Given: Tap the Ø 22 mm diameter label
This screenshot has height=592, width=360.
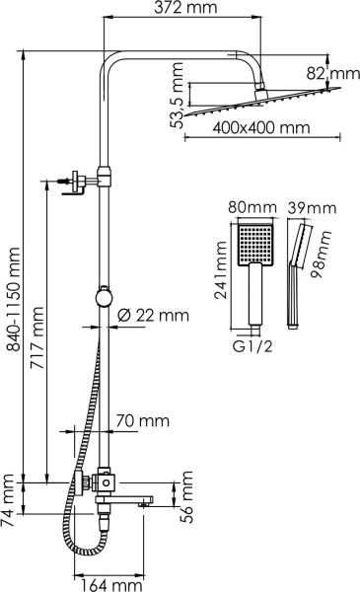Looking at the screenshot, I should [x=152, y=316].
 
